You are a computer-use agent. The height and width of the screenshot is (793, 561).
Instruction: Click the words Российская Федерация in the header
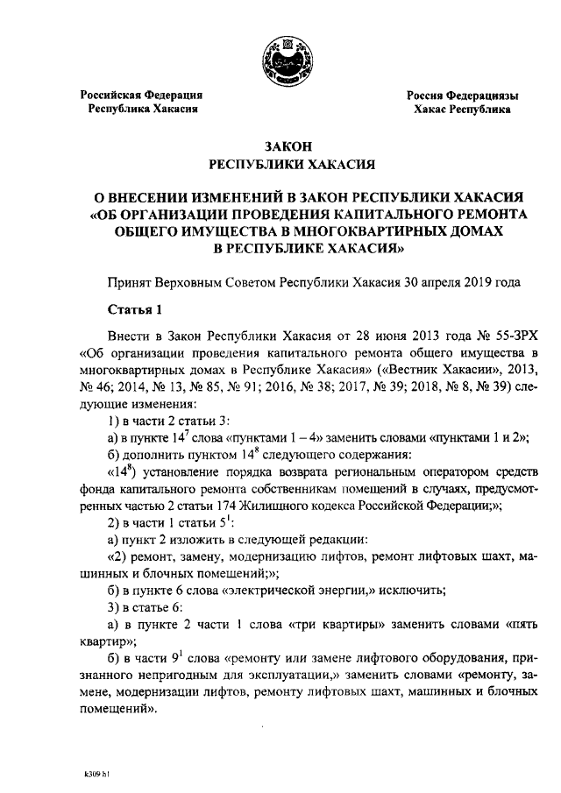[142, 95]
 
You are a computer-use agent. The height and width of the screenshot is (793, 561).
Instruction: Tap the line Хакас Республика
[462, 110]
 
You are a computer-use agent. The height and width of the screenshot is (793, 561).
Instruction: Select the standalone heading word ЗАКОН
[280, 146]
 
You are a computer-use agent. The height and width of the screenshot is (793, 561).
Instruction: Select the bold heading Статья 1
[135, 309]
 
